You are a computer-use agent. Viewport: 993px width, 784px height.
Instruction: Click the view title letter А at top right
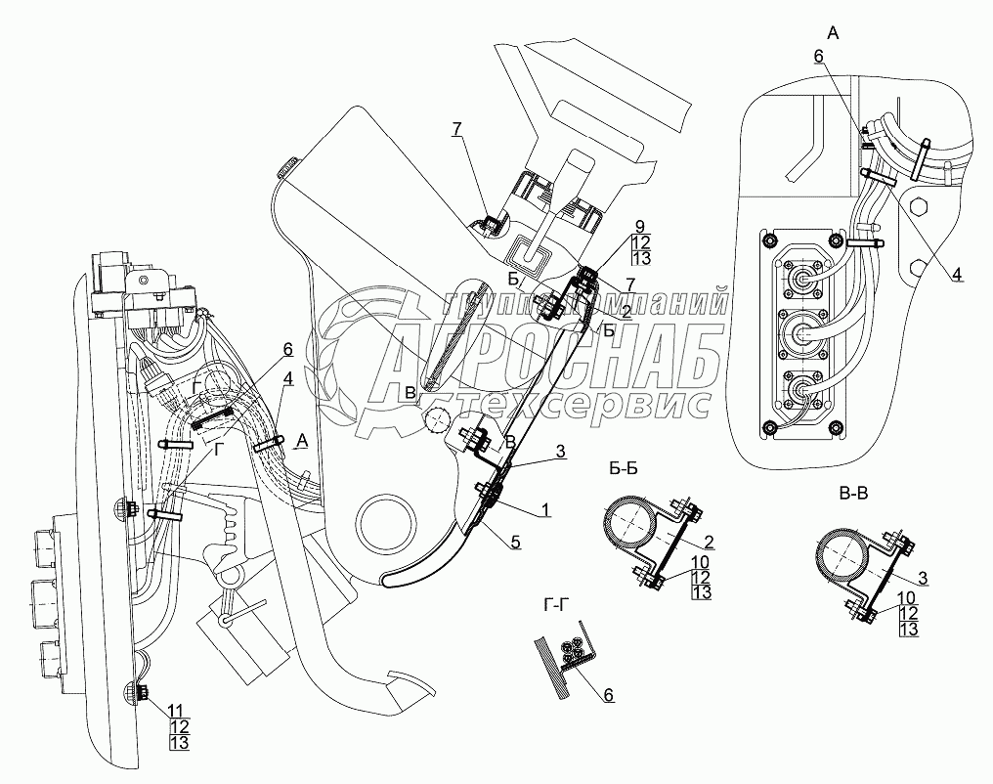click(x=834, y=33)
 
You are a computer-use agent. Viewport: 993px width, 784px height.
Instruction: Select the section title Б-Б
click(x=623, y=469)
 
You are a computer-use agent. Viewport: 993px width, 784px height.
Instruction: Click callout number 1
click(x=546, y=492)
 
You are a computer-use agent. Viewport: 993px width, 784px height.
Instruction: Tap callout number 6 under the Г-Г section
click(x=608, y=695)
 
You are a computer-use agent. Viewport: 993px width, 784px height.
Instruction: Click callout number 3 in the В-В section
click(x=923, y=578)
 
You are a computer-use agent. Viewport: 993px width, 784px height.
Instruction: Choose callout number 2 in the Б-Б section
click(x=710, y=542)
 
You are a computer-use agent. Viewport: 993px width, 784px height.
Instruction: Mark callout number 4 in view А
click(x=957, y=275)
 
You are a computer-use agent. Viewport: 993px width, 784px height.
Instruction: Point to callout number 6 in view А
click(x=818, y=57)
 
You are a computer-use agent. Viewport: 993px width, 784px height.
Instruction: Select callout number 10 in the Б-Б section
click(x=701, y=562)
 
